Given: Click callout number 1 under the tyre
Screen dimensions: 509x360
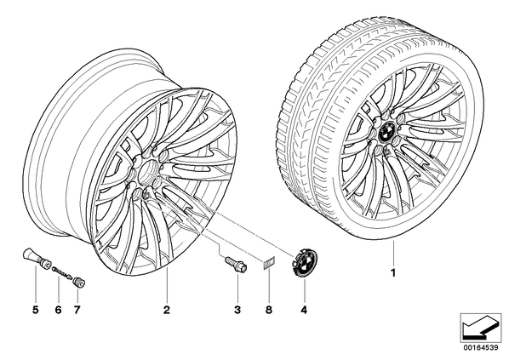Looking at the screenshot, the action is [393, 273].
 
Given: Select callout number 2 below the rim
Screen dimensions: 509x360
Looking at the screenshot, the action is [167, 311].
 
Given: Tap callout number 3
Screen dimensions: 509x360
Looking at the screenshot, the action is [237, 311].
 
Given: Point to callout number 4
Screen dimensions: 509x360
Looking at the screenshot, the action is [304, 311].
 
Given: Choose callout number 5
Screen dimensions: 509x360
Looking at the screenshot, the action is [36, 311].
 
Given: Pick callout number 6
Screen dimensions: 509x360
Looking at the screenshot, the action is [58, 311].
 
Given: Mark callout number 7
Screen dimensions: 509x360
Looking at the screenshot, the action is [77, 311].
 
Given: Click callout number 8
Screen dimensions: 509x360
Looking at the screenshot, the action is [268, 311].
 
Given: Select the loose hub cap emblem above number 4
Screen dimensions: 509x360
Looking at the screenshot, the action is [304, 263].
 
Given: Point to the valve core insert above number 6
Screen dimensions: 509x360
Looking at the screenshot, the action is [63, 272].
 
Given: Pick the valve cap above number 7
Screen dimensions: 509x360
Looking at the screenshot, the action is [79, 281].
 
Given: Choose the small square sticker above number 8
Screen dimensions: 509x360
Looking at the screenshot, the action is [268, 262].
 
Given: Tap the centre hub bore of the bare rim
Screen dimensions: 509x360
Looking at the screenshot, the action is [149, 172].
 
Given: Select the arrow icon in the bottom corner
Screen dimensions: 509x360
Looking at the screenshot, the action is [480, 329].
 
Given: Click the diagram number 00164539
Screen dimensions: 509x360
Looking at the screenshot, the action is [480, 347].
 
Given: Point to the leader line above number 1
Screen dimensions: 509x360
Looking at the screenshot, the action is [393, 254].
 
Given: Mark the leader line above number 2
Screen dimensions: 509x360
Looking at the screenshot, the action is [167, 286].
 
